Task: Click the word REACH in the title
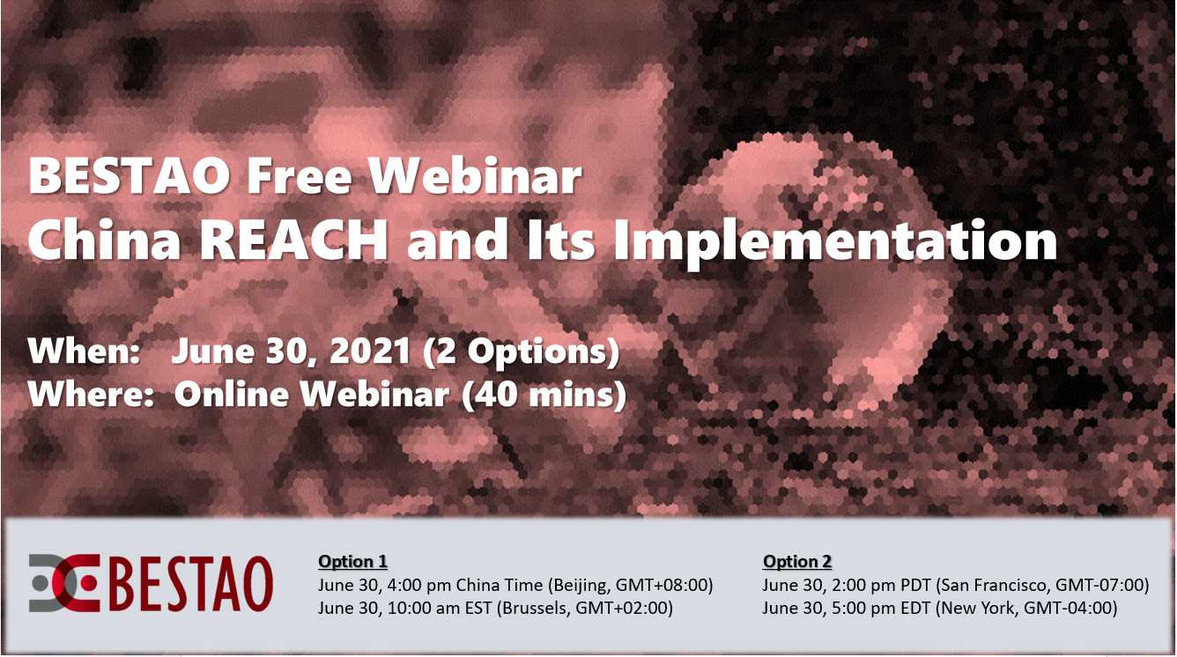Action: [294, 240]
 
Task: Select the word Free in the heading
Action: [299, 176]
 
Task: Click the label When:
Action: [84, 351]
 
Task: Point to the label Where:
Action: [91, 394]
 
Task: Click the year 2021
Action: [369, 351]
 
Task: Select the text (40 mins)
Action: [544, 395]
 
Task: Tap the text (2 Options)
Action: [522, 352]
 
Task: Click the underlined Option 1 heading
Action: [352, 561]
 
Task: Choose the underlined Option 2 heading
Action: [797, 561]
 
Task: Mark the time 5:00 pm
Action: [863, 609]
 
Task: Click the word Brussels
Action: [533, 609]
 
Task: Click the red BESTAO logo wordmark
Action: [191, 584]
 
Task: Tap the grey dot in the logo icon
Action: [41, 583]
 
